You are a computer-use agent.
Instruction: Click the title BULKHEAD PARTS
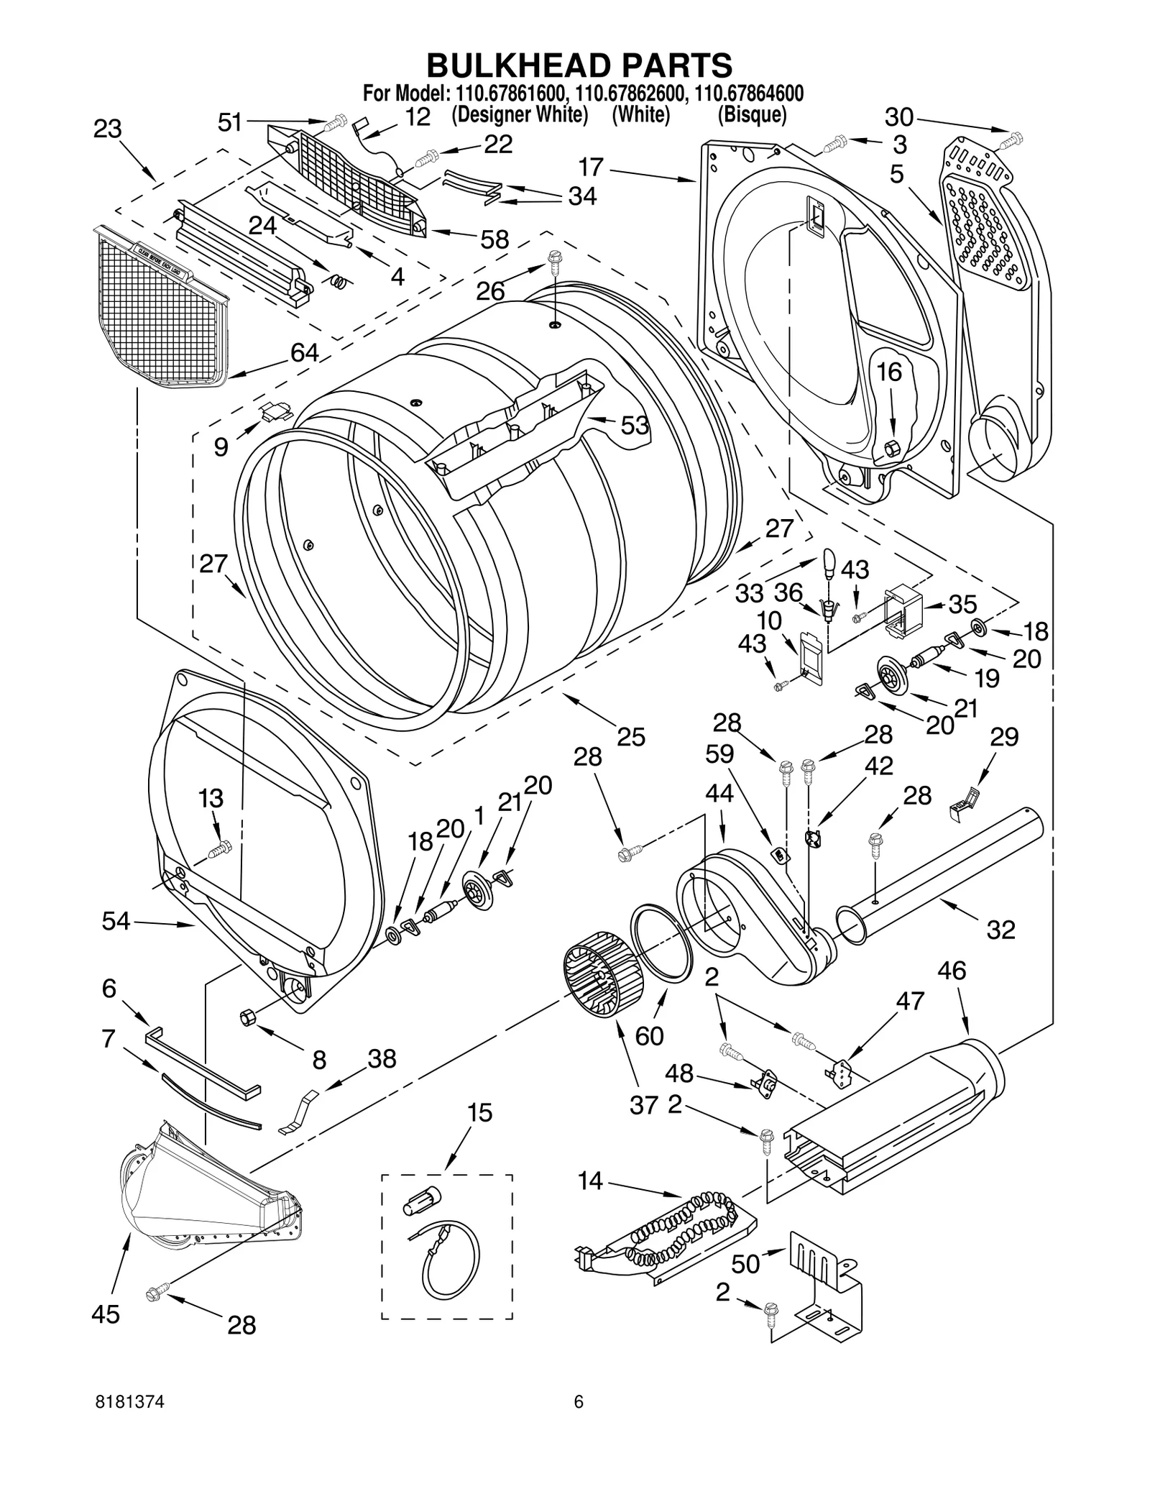579,65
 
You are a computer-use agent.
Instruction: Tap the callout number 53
635,426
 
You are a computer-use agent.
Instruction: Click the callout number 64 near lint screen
305,352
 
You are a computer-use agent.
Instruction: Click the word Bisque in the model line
752,115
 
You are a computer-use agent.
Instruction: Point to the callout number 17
591,168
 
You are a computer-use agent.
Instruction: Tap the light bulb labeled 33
829,561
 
